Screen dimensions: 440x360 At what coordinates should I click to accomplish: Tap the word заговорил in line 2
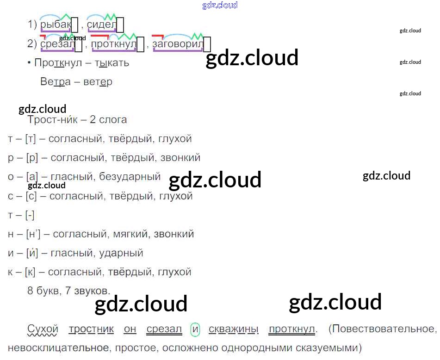[x=178, y=44]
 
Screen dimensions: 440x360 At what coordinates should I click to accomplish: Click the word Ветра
[x=56, y=82]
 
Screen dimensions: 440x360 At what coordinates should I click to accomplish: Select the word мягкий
[x=130, y=234]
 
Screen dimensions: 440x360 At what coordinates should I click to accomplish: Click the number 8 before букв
[x=31, y=291]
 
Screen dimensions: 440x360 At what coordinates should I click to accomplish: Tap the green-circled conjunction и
[x=195, y=329]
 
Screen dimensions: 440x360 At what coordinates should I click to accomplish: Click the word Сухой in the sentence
[x=43, y=329]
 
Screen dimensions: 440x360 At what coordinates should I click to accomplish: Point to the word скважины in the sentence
[x=233, y=329]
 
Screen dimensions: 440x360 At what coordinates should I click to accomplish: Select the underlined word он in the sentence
[x=130, y=329]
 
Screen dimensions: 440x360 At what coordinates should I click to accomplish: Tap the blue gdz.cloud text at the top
[x=220, y=6]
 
